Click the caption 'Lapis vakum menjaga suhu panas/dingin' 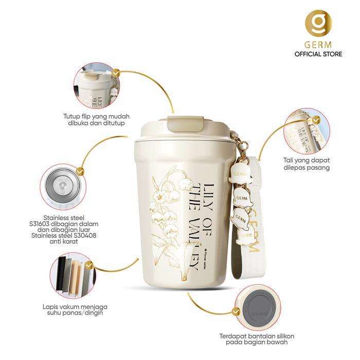click(71, 310)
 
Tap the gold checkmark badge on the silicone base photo click(237, 312)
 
